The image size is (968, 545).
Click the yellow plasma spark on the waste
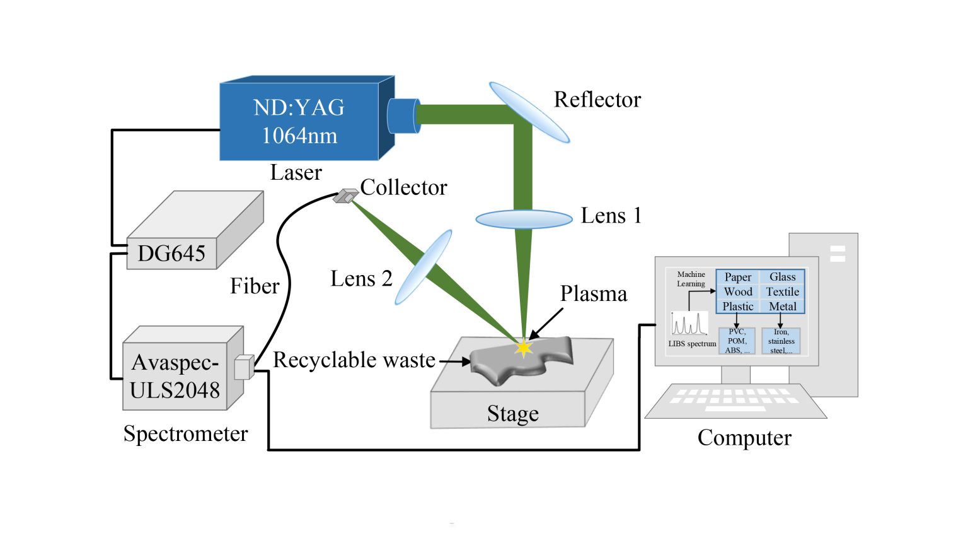pyautogui.click(x=523, y=348)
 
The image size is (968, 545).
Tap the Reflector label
pyautogui.click(x=597, y=100)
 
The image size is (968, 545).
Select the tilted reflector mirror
pyautogui.click(x=529, y=112)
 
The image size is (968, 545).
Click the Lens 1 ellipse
pyautogui.click(x=524, y=219)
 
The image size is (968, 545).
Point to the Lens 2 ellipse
pyautogui.click(x=423, y=267)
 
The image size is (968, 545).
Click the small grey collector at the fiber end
pyautogui.click(x=345, y=196)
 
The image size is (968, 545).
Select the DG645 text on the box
pyautogui.click(x=171, y=254)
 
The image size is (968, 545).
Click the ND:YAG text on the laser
pyautogui.click(x=299, y=107)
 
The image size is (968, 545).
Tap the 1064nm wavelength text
pyautogui.click(x=299, y=136)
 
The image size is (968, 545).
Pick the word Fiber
pyautogui.click(x=255, y=286)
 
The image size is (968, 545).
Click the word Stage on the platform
pyautogui.click(x=513, y=414)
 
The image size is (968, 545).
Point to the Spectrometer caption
pyautogui.click(x=185, y=434)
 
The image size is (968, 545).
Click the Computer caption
pyautogui.click(x=744, y=438)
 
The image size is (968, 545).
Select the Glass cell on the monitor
pyautogui.click(x=783, y=277)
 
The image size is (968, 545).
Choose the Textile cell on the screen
pyautogui.click(x=783, y=292)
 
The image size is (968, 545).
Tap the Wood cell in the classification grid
pyautogui.click(x=738, y=292)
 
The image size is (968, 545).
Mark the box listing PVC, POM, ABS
pyautogui.click(x=737, y=341)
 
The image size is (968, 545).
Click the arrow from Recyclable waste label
pyautogui.click(x=454, y=361)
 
